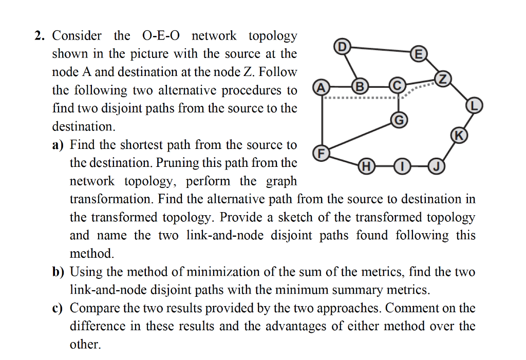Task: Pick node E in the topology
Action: click(419, 53)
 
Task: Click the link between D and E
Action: click(380, 50)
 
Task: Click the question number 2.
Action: click(40, 36)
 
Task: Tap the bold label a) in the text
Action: click(58, 145)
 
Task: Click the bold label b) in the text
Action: click(58, 272)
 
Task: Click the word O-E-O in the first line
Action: click(161, 36)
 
